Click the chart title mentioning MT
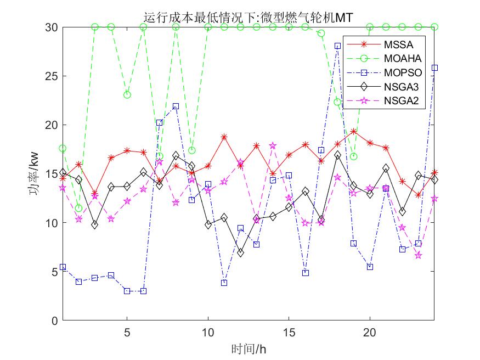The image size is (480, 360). coord(248,18)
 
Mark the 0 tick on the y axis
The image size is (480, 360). coord(54,320)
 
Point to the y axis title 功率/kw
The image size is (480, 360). coord(34,173)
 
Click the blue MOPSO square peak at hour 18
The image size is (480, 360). coord(337,46)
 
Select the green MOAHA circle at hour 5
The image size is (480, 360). coord(127,94)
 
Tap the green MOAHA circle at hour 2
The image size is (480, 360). coord(78,208)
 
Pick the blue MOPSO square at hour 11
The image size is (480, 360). coord(224,283)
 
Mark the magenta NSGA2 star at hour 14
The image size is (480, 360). coord(273,145)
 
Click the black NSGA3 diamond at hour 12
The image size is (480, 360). coord(240,252)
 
